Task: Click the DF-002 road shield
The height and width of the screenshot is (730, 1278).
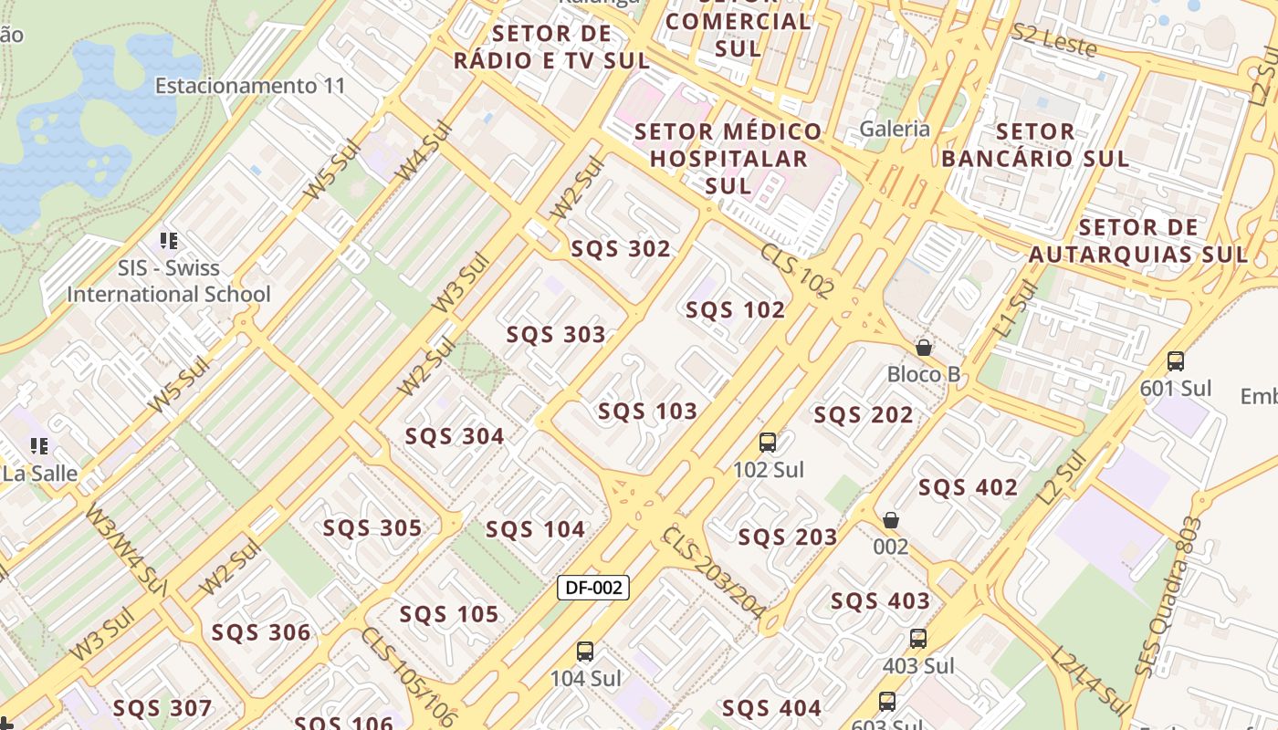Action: click(x=593, y=588)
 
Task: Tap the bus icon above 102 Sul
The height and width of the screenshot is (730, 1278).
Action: click(x=768, y=443)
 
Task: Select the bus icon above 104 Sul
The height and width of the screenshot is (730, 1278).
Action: click(x=585, y=652)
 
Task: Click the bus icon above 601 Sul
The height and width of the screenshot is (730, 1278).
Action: click(x=1176, y=361)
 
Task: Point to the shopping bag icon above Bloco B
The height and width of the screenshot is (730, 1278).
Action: click(x=924, y=348)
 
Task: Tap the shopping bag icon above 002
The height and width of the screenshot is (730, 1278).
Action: click(x=891, y=520)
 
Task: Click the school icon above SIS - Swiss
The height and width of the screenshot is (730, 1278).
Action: click(x=168, y=241)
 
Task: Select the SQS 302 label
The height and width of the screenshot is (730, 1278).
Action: click(x=621, y=249)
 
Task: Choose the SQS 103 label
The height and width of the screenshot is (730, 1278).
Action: click(x=647, y=412)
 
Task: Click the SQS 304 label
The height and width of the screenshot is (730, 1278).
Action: click(x=455, y=437)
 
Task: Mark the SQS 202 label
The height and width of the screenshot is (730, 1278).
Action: click(x=864, y=415)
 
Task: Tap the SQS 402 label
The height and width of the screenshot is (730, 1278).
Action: click(x=968, y=487)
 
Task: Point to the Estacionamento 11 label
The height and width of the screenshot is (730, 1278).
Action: click(x=250, y=86)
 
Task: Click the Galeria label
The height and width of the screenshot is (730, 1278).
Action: click(x=895, y=129)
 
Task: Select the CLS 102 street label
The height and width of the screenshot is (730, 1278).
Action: click(x=797, y=269)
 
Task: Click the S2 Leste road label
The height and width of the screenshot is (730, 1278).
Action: click(x=1053, y=39)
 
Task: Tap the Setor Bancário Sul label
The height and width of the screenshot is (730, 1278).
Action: click(x=1035, y=145)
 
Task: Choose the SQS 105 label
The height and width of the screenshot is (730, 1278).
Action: click(x=449, y=614)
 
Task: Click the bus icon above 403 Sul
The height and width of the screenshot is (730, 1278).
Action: click(x=918, y=639)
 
